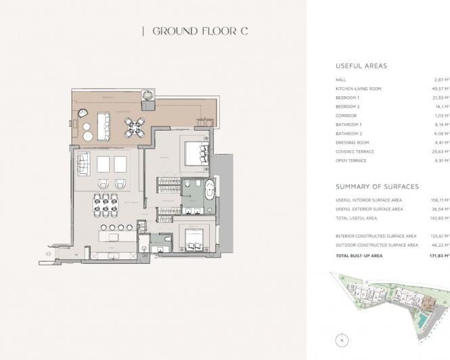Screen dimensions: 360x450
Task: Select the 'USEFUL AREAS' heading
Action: tap(361, 66)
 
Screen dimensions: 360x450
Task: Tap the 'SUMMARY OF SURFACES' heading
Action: tap(377, 186)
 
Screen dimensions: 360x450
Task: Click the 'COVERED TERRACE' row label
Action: tap(355, 152)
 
